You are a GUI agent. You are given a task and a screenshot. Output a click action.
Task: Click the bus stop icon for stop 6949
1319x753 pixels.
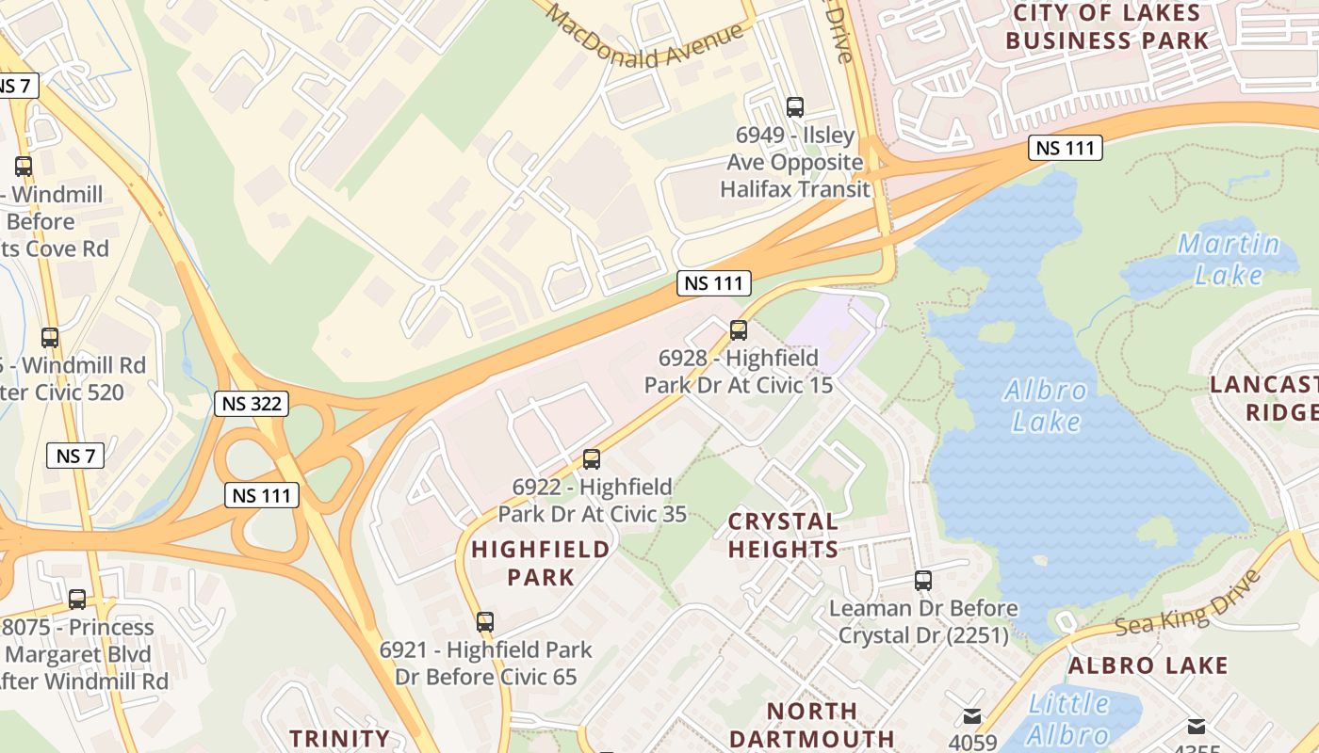795,107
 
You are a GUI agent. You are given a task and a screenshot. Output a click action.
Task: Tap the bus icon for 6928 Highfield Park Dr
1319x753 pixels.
739,330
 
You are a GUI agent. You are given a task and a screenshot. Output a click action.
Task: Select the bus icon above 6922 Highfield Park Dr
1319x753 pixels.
592,459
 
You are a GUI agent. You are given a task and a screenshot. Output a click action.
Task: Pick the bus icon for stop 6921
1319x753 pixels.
485,622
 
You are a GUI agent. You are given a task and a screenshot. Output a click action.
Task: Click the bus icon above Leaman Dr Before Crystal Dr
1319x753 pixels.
923,581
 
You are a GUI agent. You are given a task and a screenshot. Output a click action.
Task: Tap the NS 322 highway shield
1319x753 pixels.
251,405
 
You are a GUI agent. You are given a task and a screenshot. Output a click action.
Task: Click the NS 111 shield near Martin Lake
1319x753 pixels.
1065,148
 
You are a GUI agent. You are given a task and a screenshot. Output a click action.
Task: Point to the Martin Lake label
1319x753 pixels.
1229,259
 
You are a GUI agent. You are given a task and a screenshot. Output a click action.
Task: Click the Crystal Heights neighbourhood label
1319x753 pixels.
783,535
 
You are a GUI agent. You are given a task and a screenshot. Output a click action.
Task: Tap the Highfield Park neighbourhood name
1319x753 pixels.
540,562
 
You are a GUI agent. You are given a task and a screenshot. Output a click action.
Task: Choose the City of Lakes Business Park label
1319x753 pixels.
1107,26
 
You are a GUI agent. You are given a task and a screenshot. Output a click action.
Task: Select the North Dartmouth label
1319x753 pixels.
811,724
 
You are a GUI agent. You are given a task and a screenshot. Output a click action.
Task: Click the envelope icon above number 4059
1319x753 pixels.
972,717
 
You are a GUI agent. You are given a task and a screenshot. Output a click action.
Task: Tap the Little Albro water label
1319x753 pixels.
1069,718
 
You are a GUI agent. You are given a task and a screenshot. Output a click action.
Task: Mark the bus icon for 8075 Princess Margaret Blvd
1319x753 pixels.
77,599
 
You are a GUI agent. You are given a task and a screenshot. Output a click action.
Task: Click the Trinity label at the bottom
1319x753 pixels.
339,738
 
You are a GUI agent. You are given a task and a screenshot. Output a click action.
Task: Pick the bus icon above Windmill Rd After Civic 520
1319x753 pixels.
50,337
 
